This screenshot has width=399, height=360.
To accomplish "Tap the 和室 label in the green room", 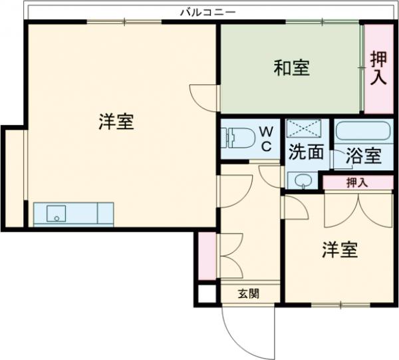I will click(292, 68).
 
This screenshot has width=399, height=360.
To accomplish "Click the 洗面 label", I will click(306, 152).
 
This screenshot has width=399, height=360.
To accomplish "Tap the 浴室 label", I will click(364, 157).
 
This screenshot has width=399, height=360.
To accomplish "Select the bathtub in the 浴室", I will click(362, 130).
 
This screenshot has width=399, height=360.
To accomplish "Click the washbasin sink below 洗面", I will click(303, 180).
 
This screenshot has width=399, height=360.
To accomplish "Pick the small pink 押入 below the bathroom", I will click(358, 182).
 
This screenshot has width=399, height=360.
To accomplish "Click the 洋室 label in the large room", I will click(116, 122).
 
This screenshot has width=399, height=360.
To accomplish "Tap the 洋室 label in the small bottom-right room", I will click(340, 250).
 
